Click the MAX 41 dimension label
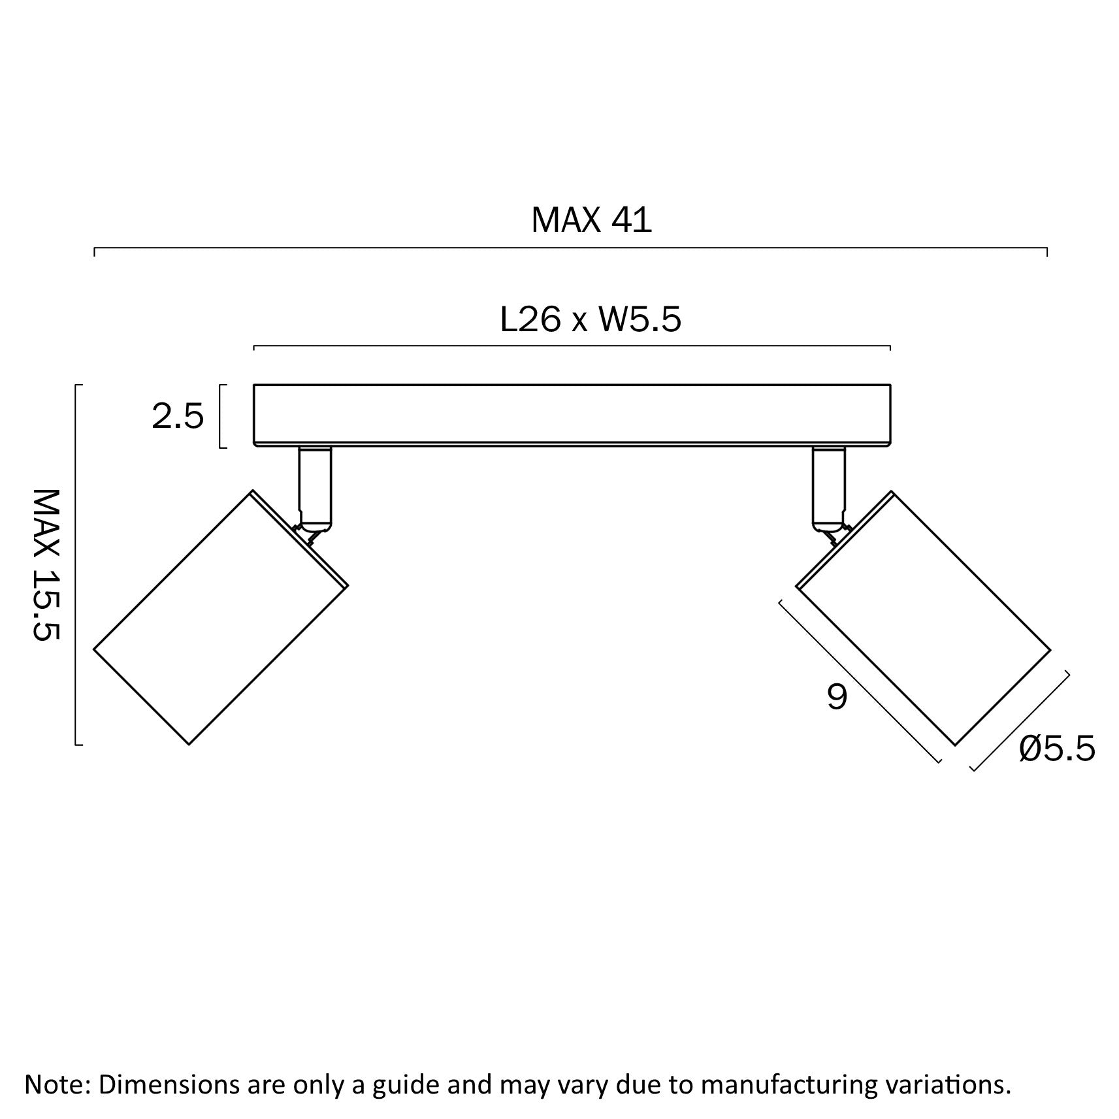click(x=591, y=220)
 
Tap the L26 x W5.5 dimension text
click(x=591, y=320)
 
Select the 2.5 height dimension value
click(x=178, y=417)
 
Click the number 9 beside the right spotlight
click(x=837, y=696)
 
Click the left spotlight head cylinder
click(x=221, y=618)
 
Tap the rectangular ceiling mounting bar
click(x=572, y=415)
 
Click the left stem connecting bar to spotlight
click(x=315, y=487)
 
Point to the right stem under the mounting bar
click(x=828, y=487)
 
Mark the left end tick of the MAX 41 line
click(x=95, y=252)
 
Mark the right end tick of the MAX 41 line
click(x=1047, y=252)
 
